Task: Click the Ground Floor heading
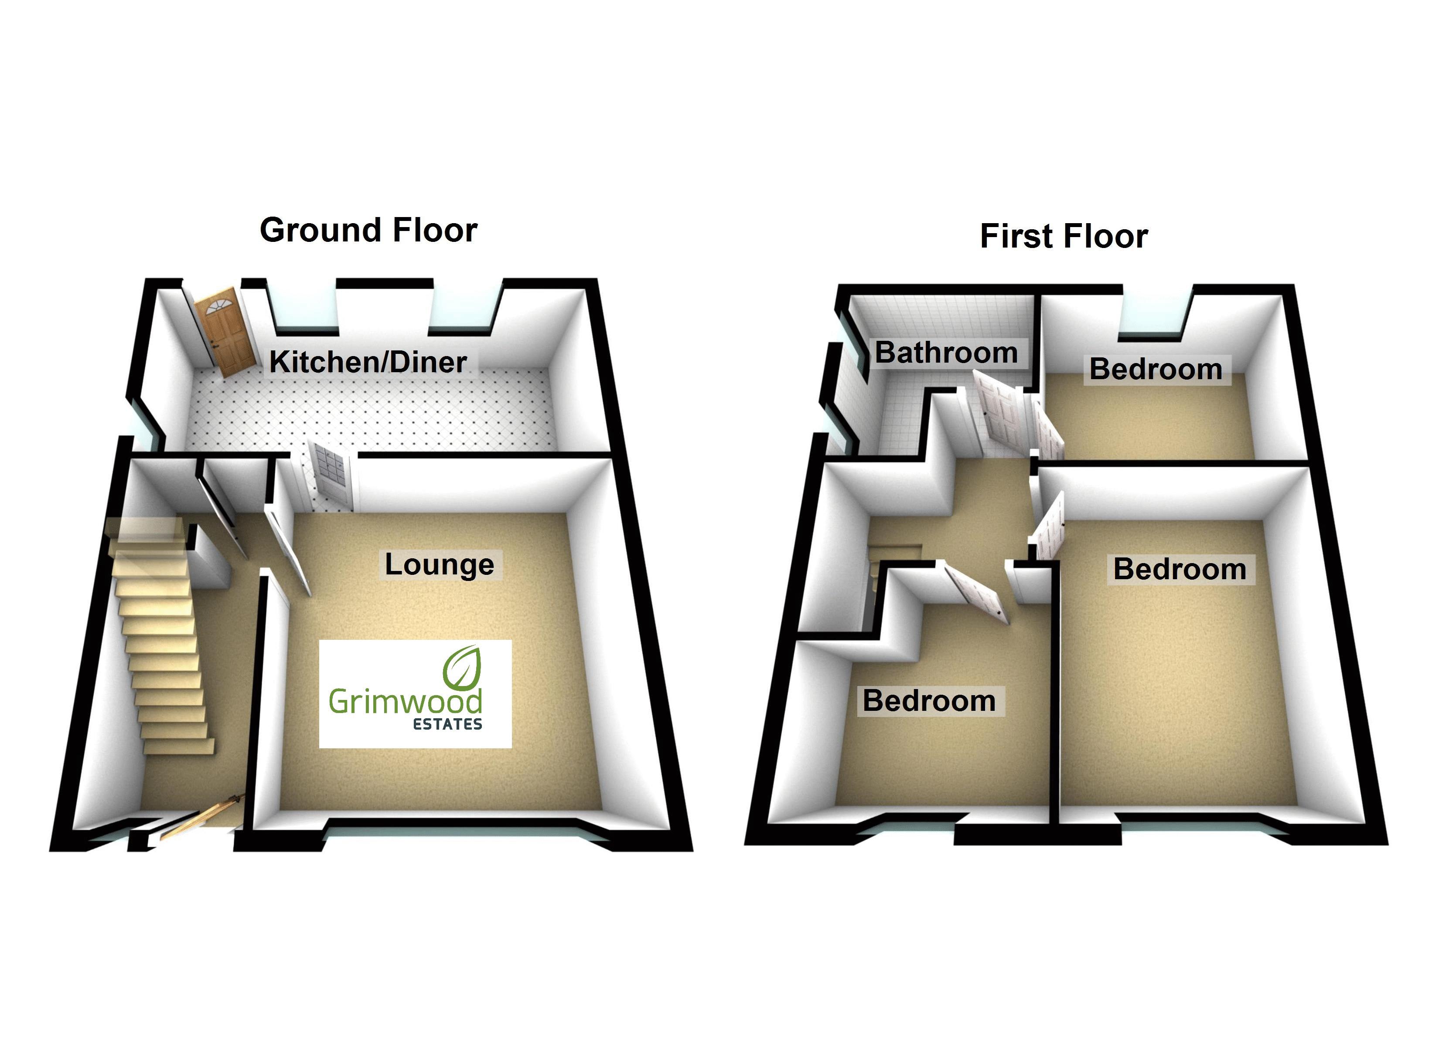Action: (x=368, y=230)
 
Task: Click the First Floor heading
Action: (x=1064, y=236)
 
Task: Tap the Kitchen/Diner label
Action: (x=368, y=362)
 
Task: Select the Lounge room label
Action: (x=439, y=564)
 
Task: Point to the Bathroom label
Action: (x=946, y=353)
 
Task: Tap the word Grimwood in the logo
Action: (x=405, y=702)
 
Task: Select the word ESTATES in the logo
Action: (x=447, y=724)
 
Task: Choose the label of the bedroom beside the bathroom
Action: (x=1156, y=369)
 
